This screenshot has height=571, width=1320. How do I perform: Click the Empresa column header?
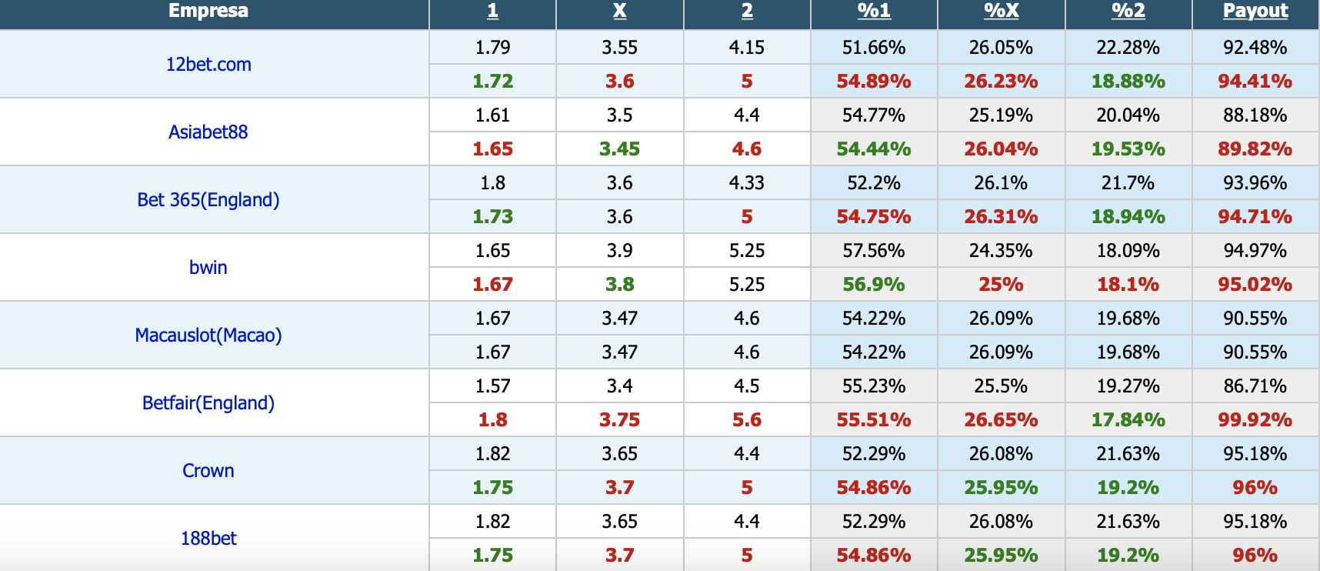tap(208, 11)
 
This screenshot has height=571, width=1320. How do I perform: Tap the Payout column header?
tap(1255, 11)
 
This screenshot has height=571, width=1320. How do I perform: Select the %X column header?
tap(1001, 11)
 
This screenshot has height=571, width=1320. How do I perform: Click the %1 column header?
tap(874, 11)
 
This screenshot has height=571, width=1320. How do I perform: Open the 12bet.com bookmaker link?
tap(208, 65)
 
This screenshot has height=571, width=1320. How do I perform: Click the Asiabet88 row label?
tap(208, 132)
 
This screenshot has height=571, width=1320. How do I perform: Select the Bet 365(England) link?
tap(208, 200)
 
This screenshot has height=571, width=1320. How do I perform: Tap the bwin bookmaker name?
tap(208, 268)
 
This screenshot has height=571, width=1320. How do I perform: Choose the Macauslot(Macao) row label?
tap(208, 336)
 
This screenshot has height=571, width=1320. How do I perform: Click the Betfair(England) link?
tap(208, 403)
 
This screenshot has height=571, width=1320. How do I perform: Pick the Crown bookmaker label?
tap(208, 471)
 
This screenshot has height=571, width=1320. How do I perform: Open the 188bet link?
tap(208, 539)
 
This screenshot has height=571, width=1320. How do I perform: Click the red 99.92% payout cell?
tap(1255, 420)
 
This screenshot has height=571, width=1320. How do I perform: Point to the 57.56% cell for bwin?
tap(874, 251)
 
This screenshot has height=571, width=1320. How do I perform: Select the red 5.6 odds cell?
tap(747, 420)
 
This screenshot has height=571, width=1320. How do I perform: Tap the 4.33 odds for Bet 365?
tap(747, 183)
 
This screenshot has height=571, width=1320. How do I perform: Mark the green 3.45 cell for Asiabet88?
tap(619, 149)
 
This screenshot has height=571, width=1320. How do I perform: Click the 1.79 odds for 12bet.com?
tap(492, 48)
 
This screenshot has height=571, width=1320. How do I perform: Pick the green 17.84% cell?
tap(1128, 420)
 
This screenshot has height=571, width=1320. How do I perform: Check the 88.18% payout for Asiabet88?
tap(1255, 115)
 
